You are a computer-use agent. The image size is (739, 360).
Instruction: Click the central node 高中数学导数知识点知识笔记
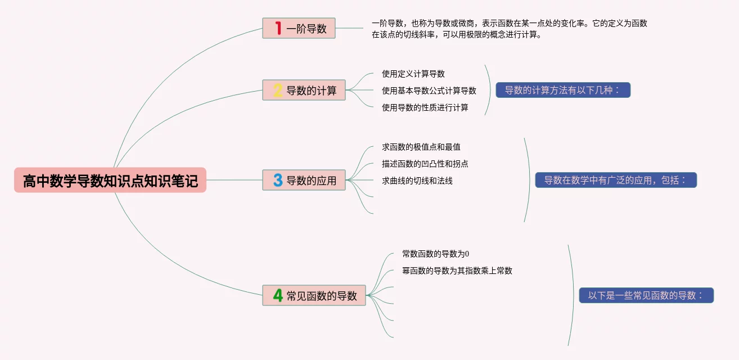[x=110, y=181]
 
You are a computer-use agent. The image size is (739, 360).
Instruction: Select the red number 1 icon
[x=278, y=28]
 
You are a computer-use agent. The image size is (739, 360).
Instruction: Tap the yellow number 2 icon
[x=278, y=90]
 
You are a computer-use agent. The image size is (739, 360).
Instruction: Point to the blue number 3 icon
[x=278, y=180]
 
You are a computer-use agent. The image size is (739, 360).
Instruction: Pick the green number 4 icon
[x=278, y=295]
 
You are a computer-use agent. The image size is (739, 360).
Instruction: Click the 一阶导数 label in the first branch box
[x=307, y=29]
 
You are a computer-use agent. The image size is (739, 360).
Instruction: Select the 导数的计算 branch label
[x=312, y=91]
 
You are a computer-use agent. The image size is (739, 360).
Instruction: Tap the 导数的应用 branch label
[x=312, y=181]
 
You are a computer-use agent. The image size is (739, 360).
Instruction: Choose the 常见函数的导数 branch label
[x=322, y=296]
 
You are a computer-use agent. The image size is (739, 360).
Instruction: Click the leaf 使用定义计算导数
[x=413, y=74]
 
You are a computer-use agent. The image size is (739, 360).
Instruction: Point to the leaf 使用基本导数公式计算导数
[x=429, y=91]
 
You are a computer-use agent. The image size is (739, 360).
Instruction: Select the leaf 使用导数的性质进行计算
[x=425, y=107]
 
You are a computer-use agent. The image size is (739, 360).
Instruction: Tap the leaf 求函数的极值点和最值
[x=421, y=147]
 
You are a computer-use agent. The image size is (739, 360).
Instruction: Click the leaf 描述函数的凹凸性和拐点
[x=425, y=164]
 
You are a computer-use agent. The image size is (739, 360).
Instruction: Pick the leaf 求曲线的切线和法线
[x=417, y=181]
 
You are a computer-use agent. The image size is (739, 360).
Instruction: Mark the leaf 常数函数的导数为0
[x=436, y=254]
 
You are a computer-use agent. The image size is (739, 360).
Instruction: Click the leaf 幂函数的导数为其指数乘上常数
[x=457, y=271]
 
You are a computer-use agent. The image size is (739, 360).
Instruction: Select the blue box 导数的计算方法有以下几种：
[x=563, y=90]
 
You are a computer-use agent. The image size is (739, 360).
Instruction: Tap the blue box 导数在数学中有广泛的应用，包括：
[x=616, y=180]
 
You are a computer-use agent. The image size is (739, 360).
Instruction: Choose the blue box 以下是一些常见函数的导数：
[x=646, y=295]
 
